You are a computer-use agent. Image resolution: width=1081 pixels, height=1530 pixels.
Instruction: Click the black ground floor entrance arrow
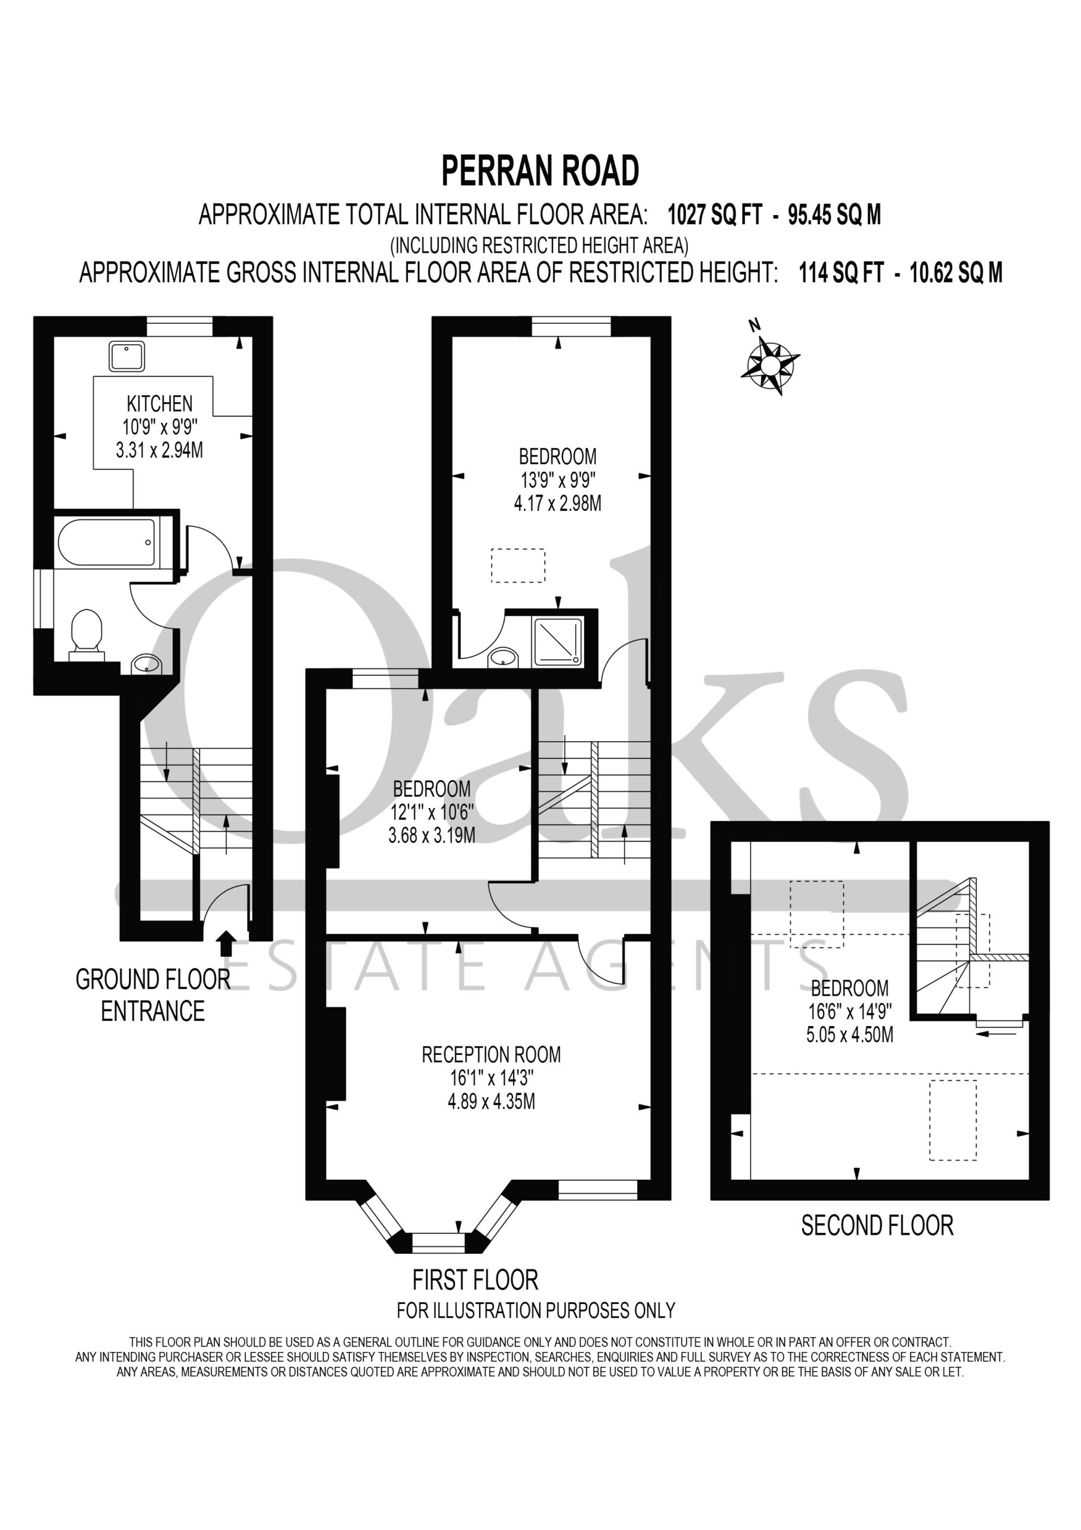[x=226, y=944]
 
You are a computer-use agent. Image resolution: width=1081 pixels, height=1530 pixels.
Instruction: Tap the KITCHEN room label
[x=160, y=404]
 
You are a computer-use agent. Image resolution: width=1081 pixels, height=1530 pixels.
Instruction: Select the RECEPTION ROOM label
[x=492, y=1054]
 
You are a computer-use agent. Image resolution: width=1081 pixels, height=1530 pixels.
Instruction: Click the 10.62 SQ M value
[x=956, y=273]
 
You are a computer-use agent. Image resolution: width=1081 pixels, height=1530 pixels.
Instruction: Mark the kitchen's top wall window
[x=179, y=326]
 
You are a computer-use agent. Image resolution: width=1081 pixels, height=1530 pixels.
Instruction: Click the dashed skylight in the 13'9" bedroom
[x=518, y=566]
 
